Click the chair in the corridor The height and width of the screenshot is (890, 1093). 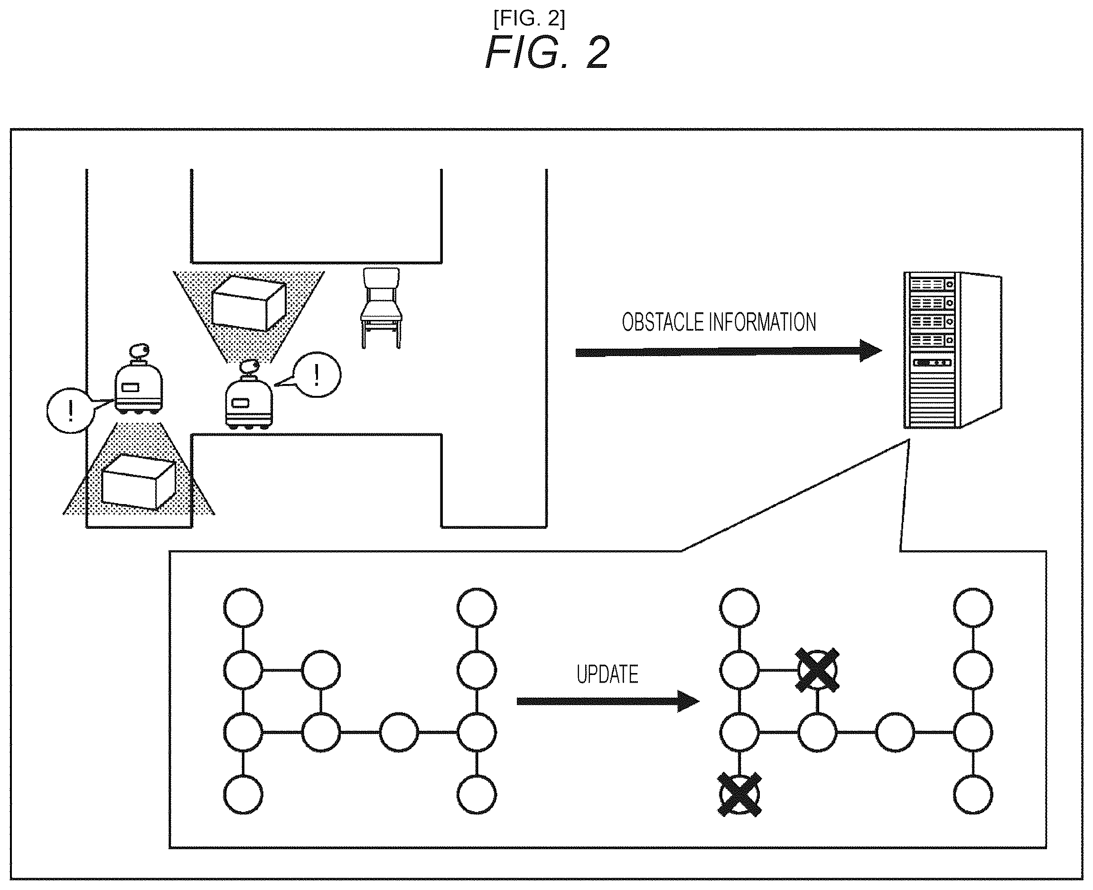tap(382, 308)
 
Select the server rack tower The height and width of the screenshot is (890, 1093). tap(952, 350)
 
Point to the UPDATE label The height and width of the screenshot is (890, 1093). tap(607, 674)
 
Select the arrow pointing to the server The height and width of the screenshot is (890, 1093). tap(729, 352)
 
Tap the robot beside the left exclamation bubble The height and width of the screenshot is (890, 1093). tap(139, 379)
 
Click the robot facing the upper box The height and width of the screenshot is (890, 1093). tap(249, 395)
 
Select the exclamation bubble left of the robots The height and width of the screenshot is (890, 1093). tap(70, 410)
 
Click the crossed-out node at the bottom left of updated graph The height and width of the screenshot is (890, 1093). tap(739, 795)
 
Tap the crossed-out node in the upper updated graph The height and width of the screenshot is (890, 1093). tap(817, 670)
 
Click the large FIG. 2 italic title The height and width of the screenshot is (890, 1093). tap(547, 52)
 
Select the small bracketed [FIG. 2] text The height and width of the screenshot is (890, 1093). tap(529, 19)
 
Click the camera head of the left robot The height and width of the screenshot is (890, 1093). tap(140, 351)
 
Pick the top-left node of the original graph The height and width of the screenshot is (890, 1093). tap(243, 608)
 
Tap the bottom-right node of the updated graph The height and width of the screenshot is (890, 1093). tap(973, 795)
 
